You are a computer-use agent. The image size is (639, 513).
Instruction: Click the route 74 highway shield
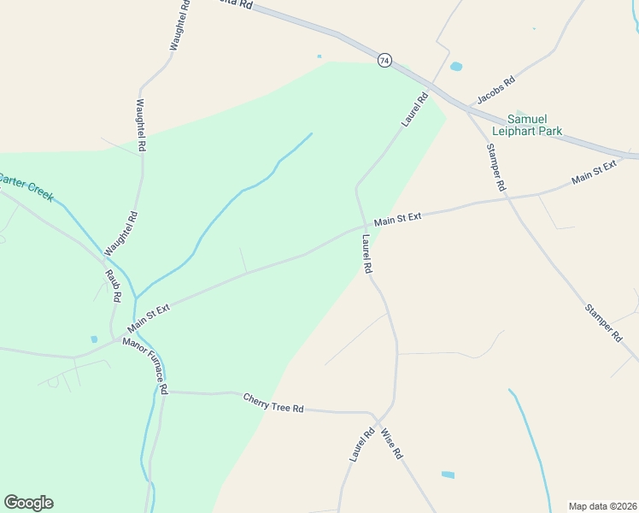pos(385,60)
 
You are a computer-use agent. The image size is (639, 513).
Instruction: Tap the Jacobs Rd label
pos(496,91)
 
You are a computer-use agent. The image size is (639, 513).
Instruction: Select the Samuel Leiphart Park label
pos(535,125)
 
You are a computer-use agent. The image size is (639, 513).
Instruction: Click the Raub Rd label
pos(113,286)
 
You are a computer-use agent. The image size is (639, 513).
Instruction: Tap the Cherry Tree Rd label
pos(273,403)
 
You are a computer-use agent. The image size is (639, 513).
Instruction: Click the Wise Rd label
pos(391,444)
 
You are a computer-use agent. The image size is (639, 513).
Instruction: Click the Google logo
pos(28,503)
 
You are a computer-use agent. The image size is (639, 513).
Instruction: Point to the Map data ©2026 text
pos(602,506)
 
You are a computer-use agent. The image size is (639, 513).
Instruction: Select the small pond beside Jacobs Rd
pos(456,67)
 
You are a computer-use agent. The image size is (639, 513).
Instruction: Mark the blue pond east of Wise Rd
pos(448,475)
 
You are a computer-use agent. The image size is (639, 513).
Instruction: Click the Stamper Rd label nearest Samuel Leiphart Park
pos(495,167)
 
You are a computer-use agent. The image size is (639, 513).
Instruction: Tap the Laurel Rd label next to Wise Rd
pos(361,445)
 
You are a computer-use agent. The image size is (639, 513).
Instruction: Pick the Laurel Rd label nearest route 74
pos(414,110)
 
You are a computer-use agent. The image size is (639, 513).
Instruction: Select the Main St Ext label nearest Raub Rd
pos(149,318)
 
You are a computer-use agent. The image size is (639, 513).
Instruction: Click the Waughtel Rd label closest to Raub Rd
pos(120,233)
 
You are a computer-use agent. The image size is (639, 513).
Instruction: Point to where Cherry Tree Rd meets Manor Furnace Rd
pos(162,392)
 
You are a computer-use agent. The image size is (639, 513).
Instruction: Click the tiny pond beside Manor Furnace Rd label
pos(93,339)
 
